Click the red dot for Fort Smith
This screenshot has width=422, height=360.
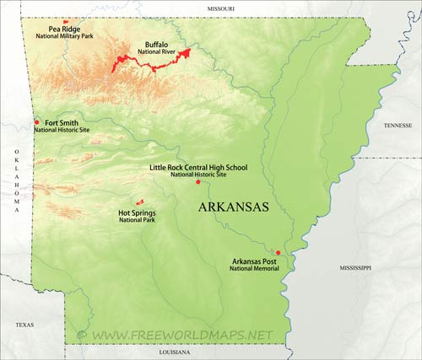37,123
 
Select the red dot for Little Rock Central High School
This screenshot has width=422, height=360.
197,182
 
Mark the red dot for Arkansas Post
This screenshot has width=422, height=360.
278,252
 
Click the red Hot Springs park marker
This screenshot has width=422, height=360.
139,201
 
